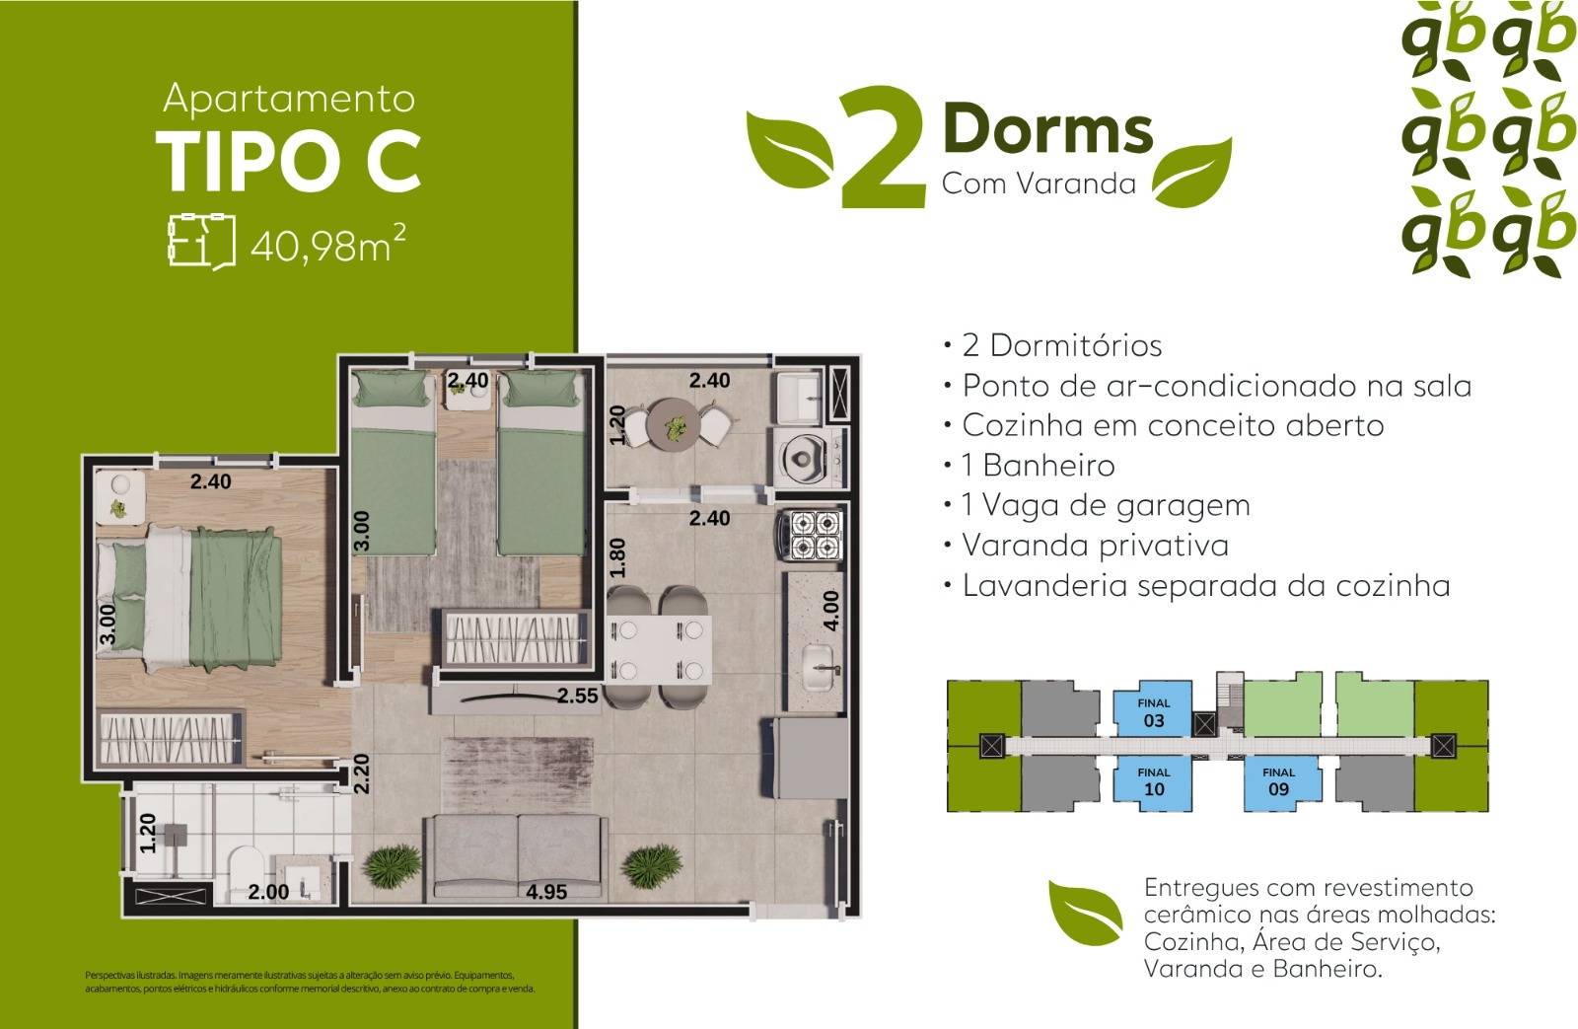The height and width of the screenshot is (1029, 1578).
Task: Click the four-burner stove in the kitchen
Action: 816,535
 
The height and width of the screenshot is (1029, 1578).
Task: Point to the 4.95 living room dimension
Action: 546,892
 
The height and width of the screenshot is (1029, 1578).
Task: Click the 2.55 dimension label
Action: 577,696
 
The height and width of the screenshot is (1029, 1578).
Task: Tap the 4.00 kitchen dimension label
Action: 830,610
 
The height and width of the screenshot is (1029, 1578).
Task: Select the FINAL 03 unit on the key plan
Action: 1153,712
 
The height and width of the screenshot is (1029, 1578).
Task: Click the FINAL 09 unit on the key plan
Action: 1278,781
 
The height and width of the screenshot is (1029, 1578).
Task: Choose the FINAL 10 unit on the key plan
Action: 1153,781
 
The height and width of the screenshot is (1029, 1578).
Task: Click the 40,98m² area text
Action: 327,243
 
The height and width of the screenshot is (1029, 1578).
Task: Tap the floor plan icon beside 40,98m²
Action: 201,240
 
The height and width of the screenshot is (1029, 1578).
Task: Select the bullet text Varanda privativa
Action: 1095,546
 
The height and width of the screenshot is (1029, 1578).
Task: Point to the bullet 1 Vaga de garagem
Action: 1106,505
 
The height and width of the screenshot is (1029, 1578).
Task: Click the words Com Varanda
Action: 1039,184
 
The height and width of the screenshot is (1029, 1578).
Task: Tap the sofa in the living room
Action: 516,854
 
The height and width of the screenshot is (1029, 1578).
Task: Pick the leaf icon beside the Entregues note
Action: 1086,913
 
